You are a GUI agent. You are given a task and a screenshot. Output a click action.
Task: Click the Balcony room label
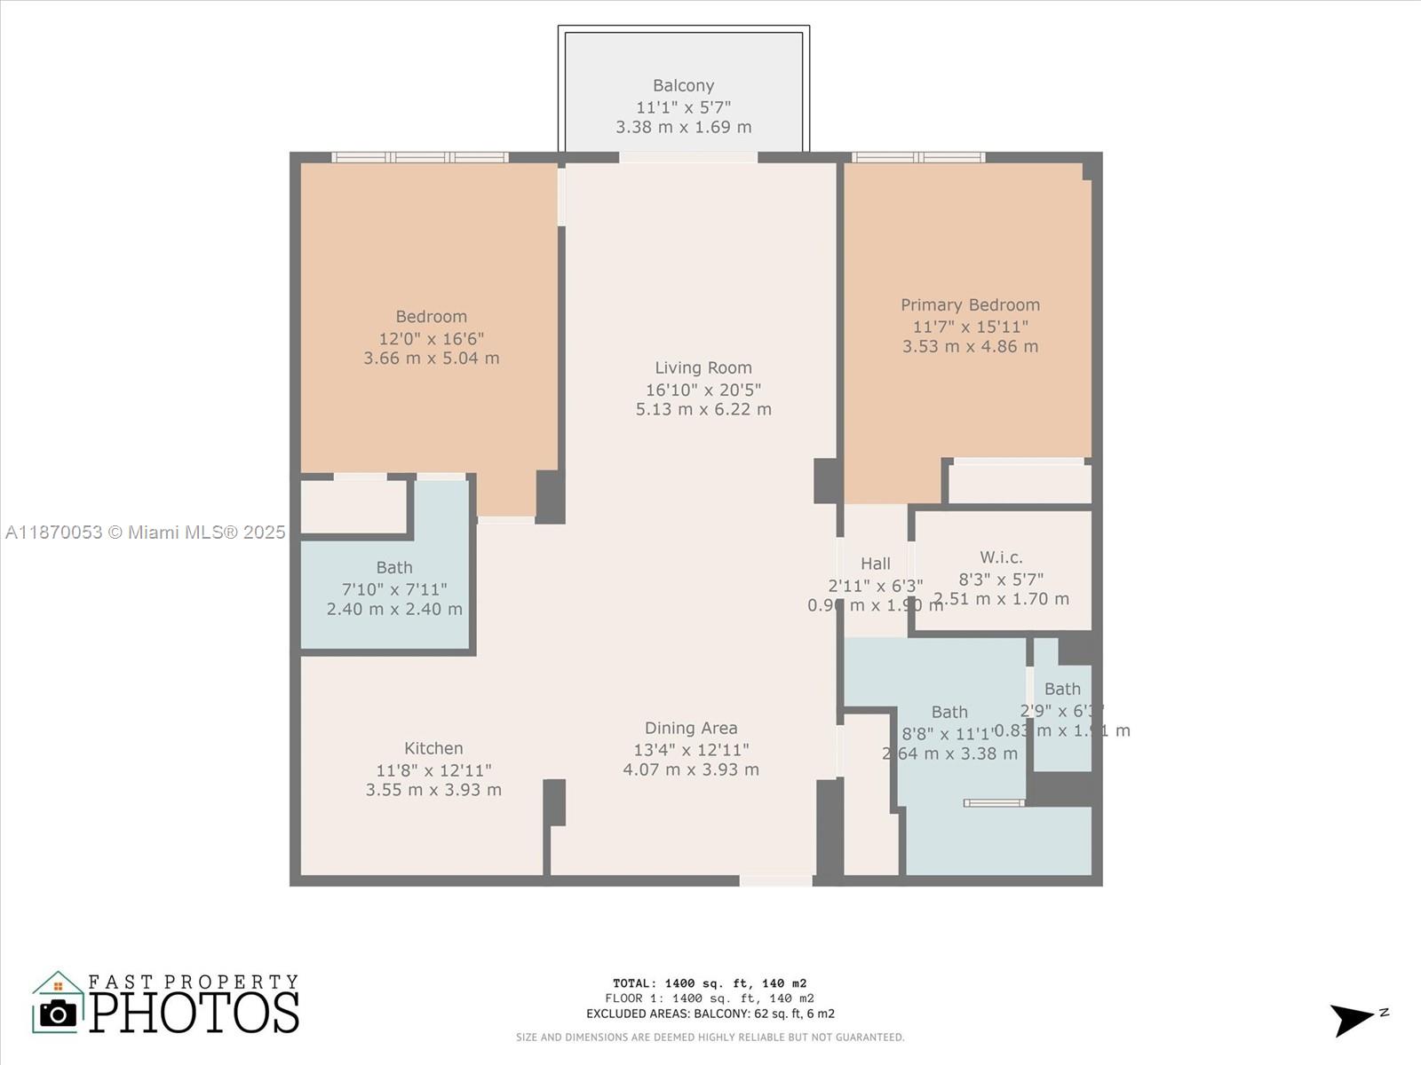pyautogui.click(x=683, y=85)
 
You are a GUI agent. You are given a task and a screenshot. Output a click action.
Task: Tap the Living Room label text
pyautogui.click(x=703, y=367)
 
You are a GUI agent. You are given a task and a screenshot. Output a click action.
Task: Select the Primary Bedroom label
pyautogui.click(x=970, y=304)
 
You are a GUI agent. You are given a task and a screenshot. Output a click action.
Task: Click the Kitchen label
pyautogui.click(x=433, y=748)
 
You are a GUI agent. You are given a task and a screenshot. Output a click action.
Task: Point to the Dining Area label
pyautogui.click(x=691, y=728)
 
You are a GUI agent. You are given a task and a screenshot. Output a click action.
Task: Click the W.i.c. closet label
pyautogui.click(x=1001, y=557)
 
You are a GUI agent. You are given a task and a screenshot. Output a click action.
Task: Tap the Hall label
pyautogui.click(x=875, y=564)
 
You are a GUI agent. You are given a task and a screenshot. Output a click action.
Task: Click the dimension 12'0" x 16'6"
pyautogui.click(x=431, y=338)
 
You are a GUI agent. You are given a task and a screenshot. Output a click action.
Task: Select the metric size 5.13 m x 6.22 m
pyautogui.click(x=703, y=409)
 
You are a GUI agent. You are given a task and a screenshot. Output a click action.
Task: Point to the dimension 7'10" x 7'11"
pyautogui.click(x=394, y=588)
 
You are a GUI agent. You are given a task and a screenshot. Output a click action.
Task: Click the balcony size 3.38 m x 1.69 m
pyautogui.click(x=683, y=127)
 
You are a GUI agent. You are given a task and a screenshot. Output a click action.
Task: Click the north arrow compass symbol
pyautogui.click(x=1354, y=1019)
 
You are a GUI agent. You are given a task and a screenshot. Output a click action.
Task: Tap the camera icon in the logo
pyautogui.click(x=59, y=1013)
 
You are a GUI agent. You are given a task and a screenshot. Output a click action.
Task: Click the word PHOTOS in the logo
pyautogui.click(x=194, y=1013)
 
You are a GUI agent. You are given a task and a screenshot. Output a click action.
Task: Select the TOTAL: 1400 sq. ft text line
pyautogui.click(x=710, y=982)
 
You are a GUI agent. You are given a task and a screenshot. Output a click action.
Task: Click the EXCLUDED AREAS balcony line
pyautogui.click(x=710, y=1014)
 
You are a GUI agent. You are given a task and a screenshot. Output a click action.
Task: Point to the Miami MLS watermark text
pyautogui.click(x=145, y=532)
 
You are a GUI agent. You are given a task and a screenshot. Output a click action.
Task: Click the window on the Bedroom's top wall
pyautogui.click(x=420, y=157)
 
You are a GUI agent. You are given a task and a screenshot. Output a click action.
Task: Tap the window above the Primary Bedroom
pyautogui.click(x=917, y=157)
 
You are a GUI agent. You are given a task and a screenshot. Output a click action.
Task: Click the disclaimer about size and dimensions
pyautogui.click(x=710, y=1037)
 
